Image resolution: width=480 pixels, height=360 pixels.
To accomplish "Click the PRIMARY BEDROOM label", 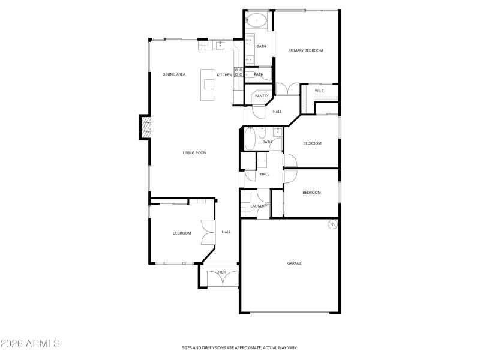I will [x=305, y=50].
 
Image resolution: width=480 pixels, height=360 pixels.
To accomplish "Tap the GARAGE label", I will [x=294, y=263].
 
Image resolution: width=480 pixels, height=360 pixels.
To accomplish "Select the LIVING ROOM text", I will [x=194, y=153].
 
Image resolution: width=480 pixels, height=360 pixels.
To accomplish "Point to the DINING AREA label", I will [x=174, y=74].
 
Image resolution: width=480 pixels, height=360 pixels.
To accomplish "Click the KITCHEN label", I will [x=224, y=75].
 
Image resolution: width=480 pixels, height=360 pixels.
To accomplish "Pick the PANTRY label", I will [x=262, y=96].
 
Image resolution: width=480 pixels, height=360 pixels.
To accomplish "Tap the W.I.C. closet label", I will [x=320, y=91].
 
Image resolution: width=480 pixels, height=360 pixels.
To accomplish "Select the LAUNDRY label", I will [x=259, y=206].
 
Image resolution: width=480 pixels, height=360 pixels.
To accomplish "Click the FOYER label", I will [x=220, y=272].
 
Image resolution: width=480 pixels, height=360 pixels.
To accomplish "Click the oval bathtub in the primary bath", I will [x=258, y=20].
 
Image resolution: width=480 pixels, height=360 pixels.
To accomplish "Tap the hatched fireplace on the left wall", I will [x=145, y=127].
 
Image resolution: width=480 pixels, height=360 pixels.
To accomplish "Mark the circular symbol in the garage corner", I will [x=332, y=225].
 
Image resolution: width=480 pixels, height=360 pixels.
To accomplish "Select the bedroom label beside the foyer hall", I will [x=182, y=233].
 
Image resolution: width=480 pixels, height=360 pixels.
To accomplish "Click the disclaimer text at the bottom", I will [x=240, y=347].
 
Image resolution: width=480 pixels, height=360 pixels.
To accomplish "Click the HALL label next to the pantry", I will [x=277, y=112].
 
